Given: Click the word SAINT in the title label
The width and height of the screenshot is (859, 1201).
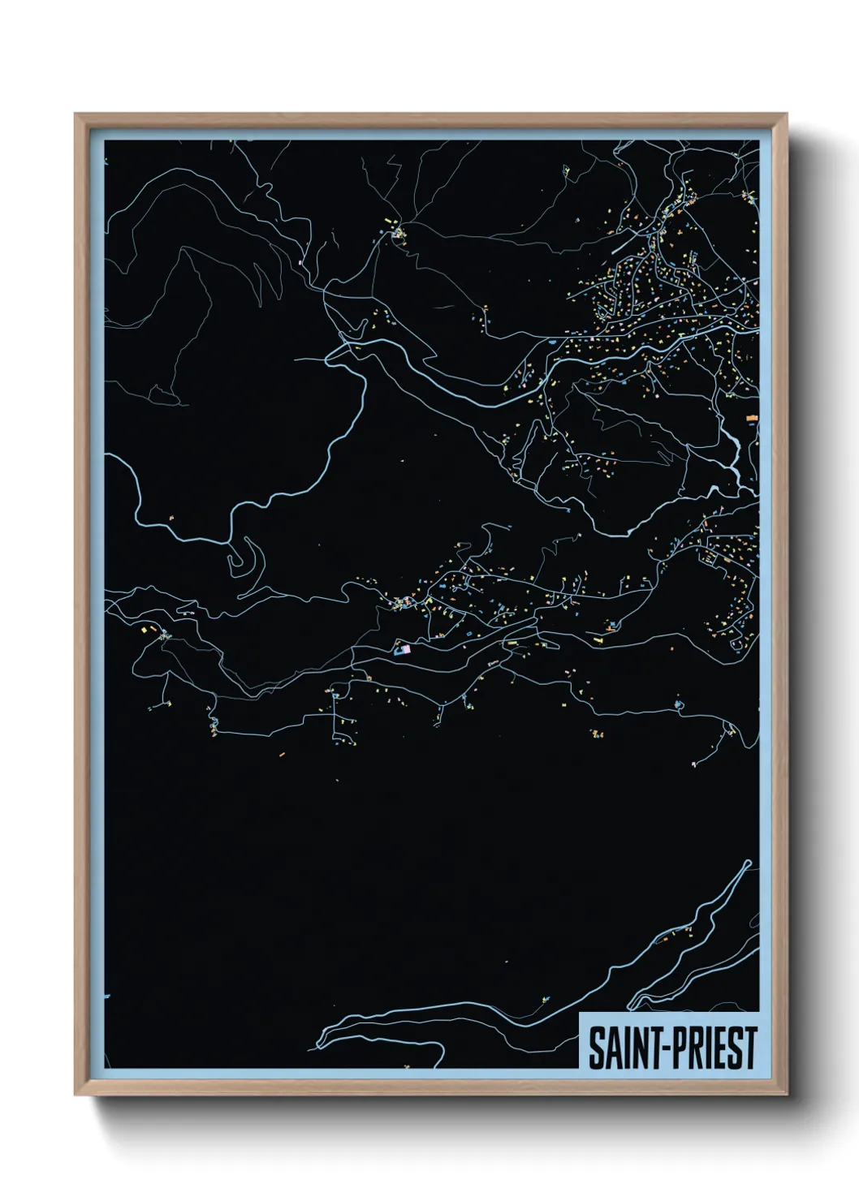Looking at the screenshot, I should pyautogui.click(x=621, y=1048).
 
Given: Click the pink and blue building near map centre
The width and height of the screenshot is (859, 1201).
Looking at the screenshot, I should pyautogui.click(x=402, y=648).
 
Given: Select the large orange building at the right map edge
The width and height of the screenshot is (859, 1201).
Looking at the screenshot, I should pyautogui.click(x=752, y=418).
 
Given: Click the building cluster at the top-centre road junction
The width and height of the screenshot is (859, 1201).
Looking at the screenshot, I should pyautogui.click(x=399, y=234).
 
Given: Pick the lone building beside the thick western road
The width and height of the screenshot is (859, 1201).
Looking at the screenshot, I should pyautogui.click(x=172, y=518).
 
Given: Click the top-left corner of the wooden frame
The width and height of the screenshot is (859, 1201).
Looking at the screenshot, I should pyautogui.click(x=76, y=114).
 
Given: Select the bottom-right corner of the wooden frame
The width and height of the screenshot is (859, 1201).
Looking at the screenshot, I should pyautogui.click(x=786, y=1094).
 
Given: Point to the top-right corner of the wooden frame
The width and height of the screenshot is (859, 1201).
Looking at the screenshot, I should pyautogui.click(x=786, y=114).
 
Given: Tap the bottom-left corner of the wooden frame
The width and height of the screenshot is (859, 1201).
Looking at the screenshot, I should pyautogui.click(x=76, y=1094).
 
